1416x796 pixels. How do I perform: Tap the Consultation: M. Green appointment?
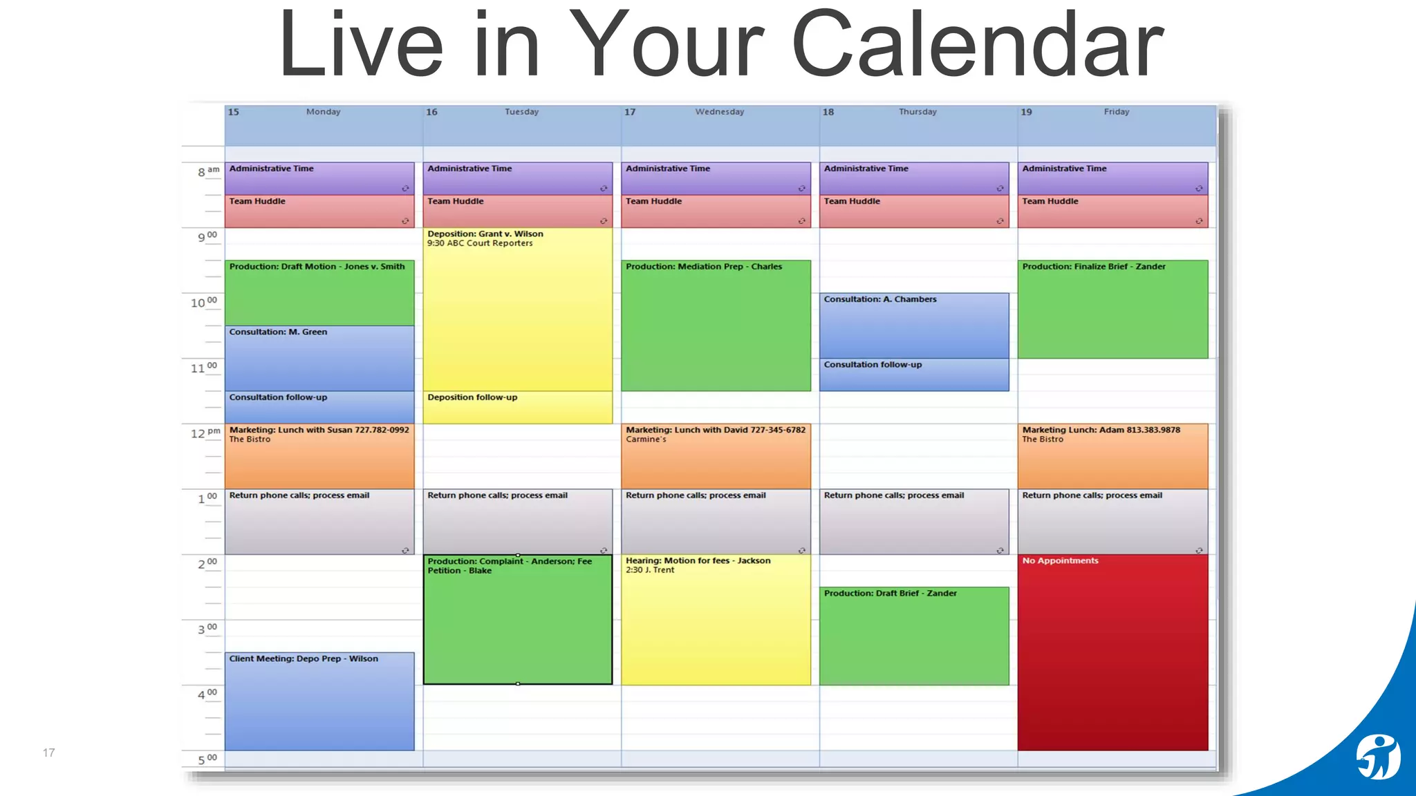coord(319,358)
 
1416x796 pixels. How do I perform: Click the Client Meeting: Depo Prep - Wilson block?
coord(319,701)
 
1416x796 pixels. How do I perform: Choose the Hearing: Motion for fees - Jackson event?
coord(716,619)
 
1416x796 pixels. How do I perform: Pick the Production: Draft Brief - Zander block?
coord(913,636)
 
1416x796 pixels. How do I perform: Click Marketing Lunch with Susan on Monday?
coord(319,456)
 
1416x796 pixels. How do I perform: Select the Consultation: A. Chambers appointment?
coord(913,325)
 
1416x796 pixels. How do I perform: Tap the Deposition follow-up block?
coord(517,407)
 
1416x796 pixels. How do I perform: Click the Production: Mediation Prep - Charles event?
coord(716,325)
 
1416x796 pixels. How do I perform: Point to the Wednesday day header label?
coord(720,112)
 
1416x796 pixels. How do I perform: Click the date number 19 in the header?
coord(1026,112)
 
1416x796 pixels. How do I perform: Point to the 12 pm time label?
coord(205,433)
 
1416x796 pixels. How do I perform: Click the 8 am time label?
coord(208,171)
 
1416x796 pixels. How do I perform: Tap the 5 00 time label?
coord(207,759)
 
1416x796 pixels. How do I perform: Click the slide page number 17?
coord(48,752)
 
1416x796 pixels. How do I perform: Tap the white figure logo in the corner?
coord(1377,757)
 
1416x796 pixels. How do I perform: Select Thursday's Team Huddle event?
coord(913,211)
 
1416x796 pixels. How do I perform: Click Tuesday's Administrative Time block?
coord(517,178)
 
